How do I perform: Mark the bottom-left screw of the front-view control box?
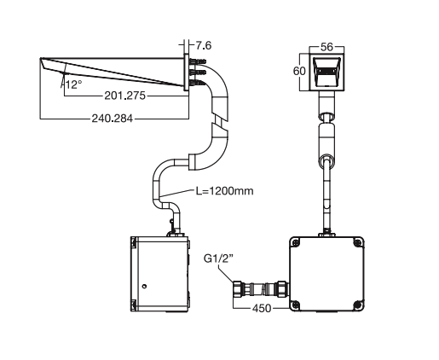(296, 302)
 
